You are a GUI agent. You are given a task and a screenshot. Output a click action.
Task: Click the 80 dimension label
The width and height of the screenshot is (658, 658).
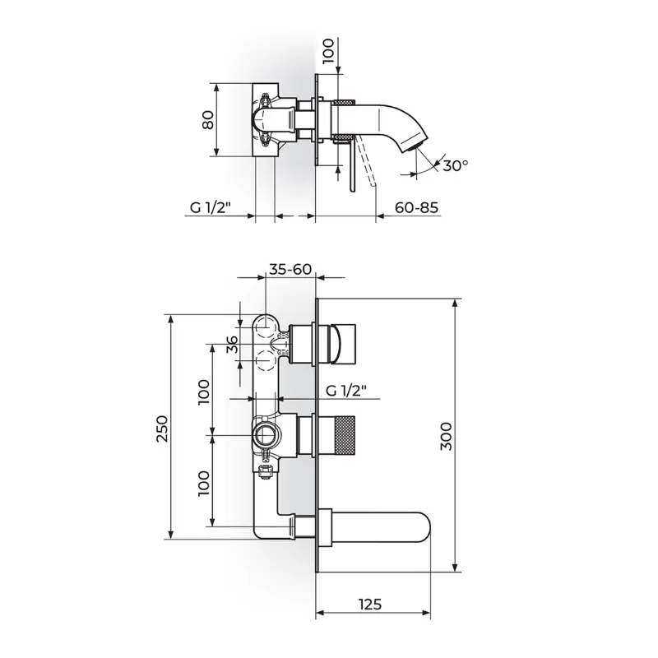[208, 119]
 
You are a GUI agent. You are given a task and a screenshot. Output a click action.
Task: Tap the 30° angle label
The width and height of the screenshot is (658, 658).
[455, 166]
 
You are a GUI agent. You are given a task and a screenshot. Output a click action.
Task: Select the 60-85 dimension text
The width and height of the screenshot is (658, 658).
[416, 207]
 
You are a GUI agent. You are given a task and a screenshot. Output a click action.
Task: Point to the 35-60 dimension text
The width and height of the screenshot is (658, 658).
[290, 269]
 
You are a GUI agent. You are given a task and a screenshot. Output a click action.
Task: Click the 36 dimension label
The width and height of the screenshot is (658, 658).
[232, 345]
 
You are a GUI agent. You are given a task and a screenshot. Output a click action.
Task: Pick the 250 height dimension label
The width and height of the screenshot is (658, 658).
[161, 429]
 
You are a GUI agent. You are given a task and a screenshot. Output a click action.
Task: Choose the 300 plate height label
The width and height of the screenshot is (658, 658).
[446, 437]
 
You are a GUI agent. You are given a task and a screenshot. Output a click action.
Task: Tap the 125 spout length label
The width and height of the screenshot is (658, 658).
[371, 605]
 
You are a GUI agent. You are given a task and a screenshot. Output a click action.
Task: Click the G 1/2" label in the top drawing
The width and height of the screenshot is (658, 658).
[211, 207]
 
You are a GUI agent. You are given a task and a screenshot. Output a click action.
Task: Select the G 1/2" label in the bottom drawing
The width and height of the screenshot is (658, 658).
[346, 391]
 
